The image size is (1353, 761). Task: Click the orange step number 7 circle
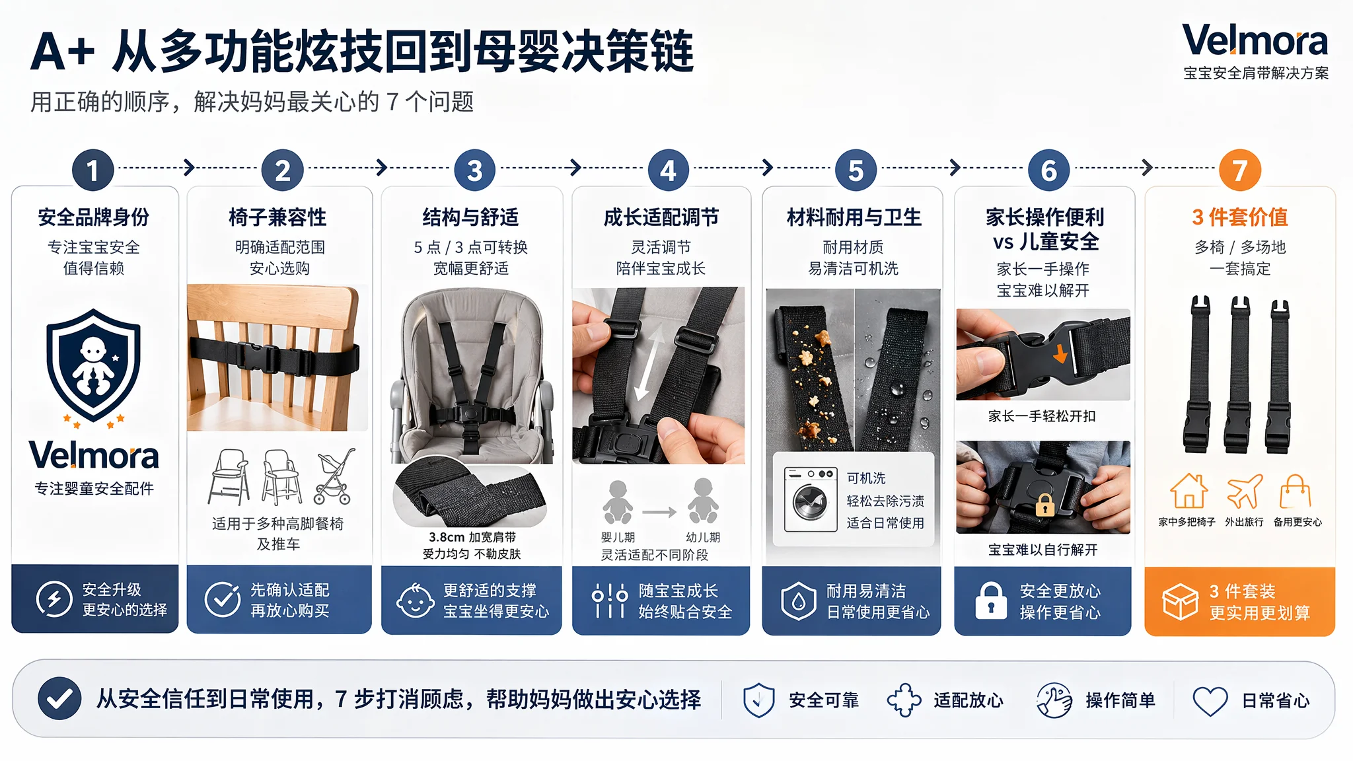click(1239, 170)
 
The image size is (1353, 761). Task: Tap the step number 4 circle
click(668, 170)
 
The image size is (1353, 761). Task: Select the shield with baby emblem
click(93, 365)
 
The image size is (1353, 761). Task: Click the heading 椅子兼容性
click(277, 217)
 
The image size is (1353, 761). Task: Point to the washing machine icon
click(811, 499)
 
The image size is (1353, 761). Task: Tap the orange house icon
click(1188, 491)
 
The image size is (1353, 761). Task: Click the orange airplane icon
click(1244, 491)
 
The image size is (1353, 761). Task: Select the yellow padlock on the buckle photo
click(1044, 505)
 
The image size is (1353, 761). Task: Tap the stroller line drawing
click(335, 477)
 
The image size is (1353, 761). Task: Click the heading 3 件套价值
click(1240, 217)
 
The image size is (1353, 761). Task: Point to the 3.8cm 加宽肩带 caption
click(472, 537)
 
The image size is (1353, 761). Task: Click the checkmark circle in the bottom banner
click(59, 698)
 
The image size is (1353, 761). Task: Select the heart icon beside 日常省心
click(1210, 700)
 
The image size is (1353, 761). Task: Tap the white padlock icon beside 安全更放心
click(991, 600)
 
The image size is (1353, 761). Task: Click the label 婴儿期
click(618, 538)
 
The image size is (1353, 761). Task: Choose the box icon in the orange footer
click(1180, 601)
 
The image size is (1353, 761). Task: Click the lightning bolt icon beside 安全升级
click(54, 599)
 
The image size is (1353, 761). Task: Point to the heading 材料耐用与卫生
click(854, 217)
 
